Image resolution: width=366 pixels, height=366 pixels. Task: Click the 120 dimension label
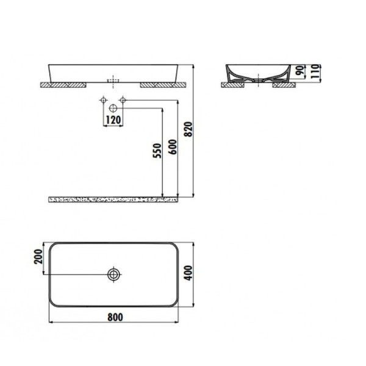[112, 120]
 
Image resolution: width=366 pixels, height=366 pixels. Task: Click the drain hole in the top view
[113, 275]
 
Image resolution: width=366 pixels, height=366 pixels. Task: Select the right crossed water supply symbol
[123, 100]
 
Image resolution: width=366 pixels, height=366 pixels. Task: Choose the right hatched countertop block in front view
[160, 85]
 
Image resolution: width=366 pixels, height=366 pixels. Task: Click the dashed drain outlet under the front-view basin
[112, 80]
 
